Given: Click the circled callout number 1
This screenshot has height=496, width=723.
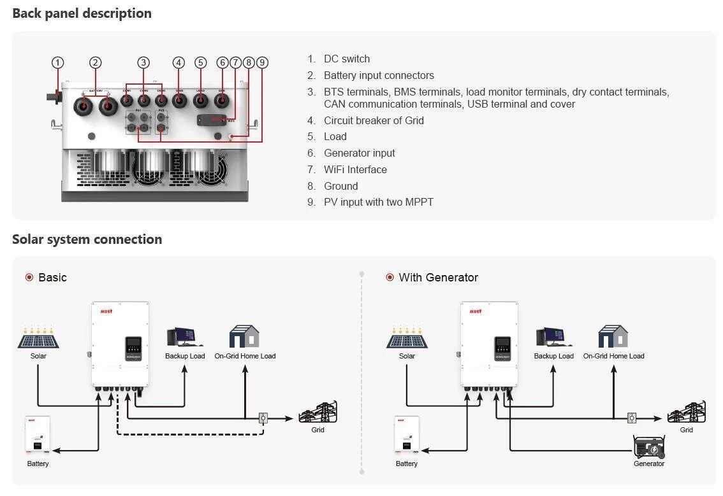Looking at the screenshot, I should click(58, 62).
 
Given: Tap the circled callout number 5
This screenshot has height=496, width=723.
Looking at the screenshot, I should click(201, 62).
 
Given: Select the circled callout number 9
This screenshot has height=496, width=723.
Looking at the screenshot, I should click(262, 62).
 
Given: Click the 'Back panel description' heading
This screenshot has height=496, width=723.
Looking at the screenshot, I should click(82, 13).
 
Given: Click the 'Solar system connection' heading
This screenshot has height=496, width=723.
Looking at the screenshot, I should click(87, 239).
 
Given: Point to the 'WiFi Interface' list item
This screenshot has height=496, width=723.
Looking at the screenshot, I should click(354, 169).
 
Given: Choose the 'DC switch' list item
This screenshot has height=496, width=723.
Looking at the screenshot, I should click(346, 59).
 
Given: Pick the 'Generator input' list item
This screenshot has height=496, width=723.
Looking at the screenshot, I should click(359, 153).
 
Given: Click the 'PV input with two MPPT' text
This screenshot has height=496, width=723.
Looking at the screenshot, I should click(378, 202).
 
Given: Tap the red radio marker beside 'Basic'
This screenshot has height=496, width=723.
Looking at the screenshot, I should click(29, 278).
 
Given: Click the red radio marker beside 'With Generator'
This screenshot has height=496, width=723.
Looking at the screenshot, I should click(390, 278).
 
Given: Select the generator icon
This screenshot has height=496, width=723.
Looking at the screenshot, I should click(649, 447).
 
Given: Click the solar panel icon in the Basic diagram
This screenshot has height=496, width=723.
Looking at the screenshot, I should click(38, 338).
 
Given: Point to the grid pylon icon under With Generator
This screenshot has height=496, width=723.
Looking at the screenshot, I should click(686, 413).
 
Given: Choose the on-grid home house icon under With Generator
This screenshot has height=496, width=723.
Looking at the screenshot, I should click(613, 336).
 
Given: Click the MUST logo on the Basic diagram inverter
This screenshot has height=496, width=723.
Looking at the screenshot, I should click(106, 311).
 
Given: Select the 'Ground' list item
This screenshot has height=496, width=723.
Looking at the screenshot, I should click(340, 186).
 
